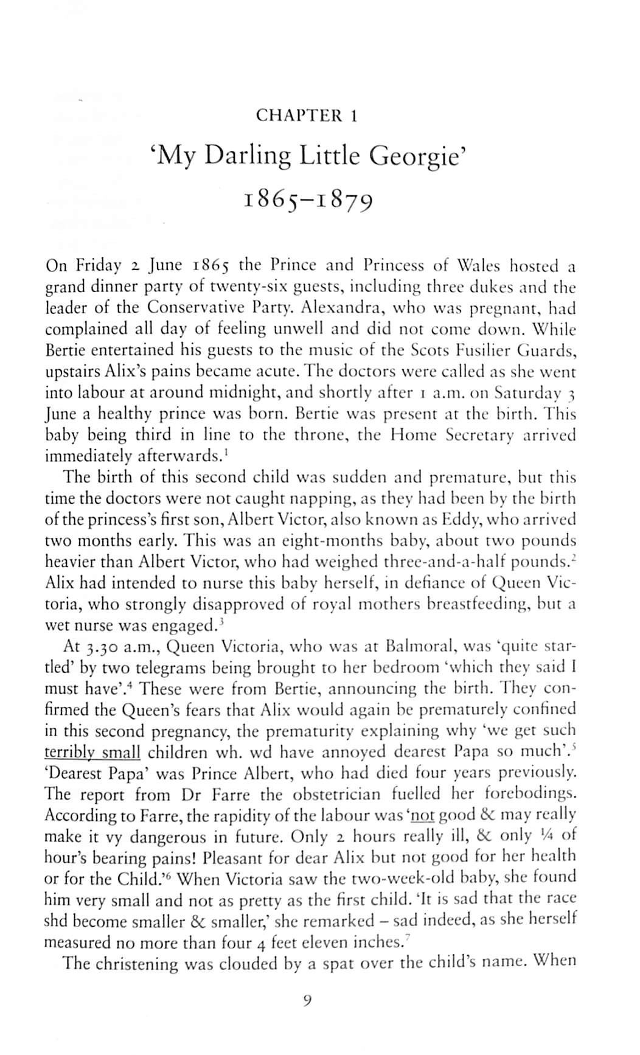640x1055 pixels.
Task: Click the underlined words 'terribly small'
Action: pyautogui.click(x=92, y=752)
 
